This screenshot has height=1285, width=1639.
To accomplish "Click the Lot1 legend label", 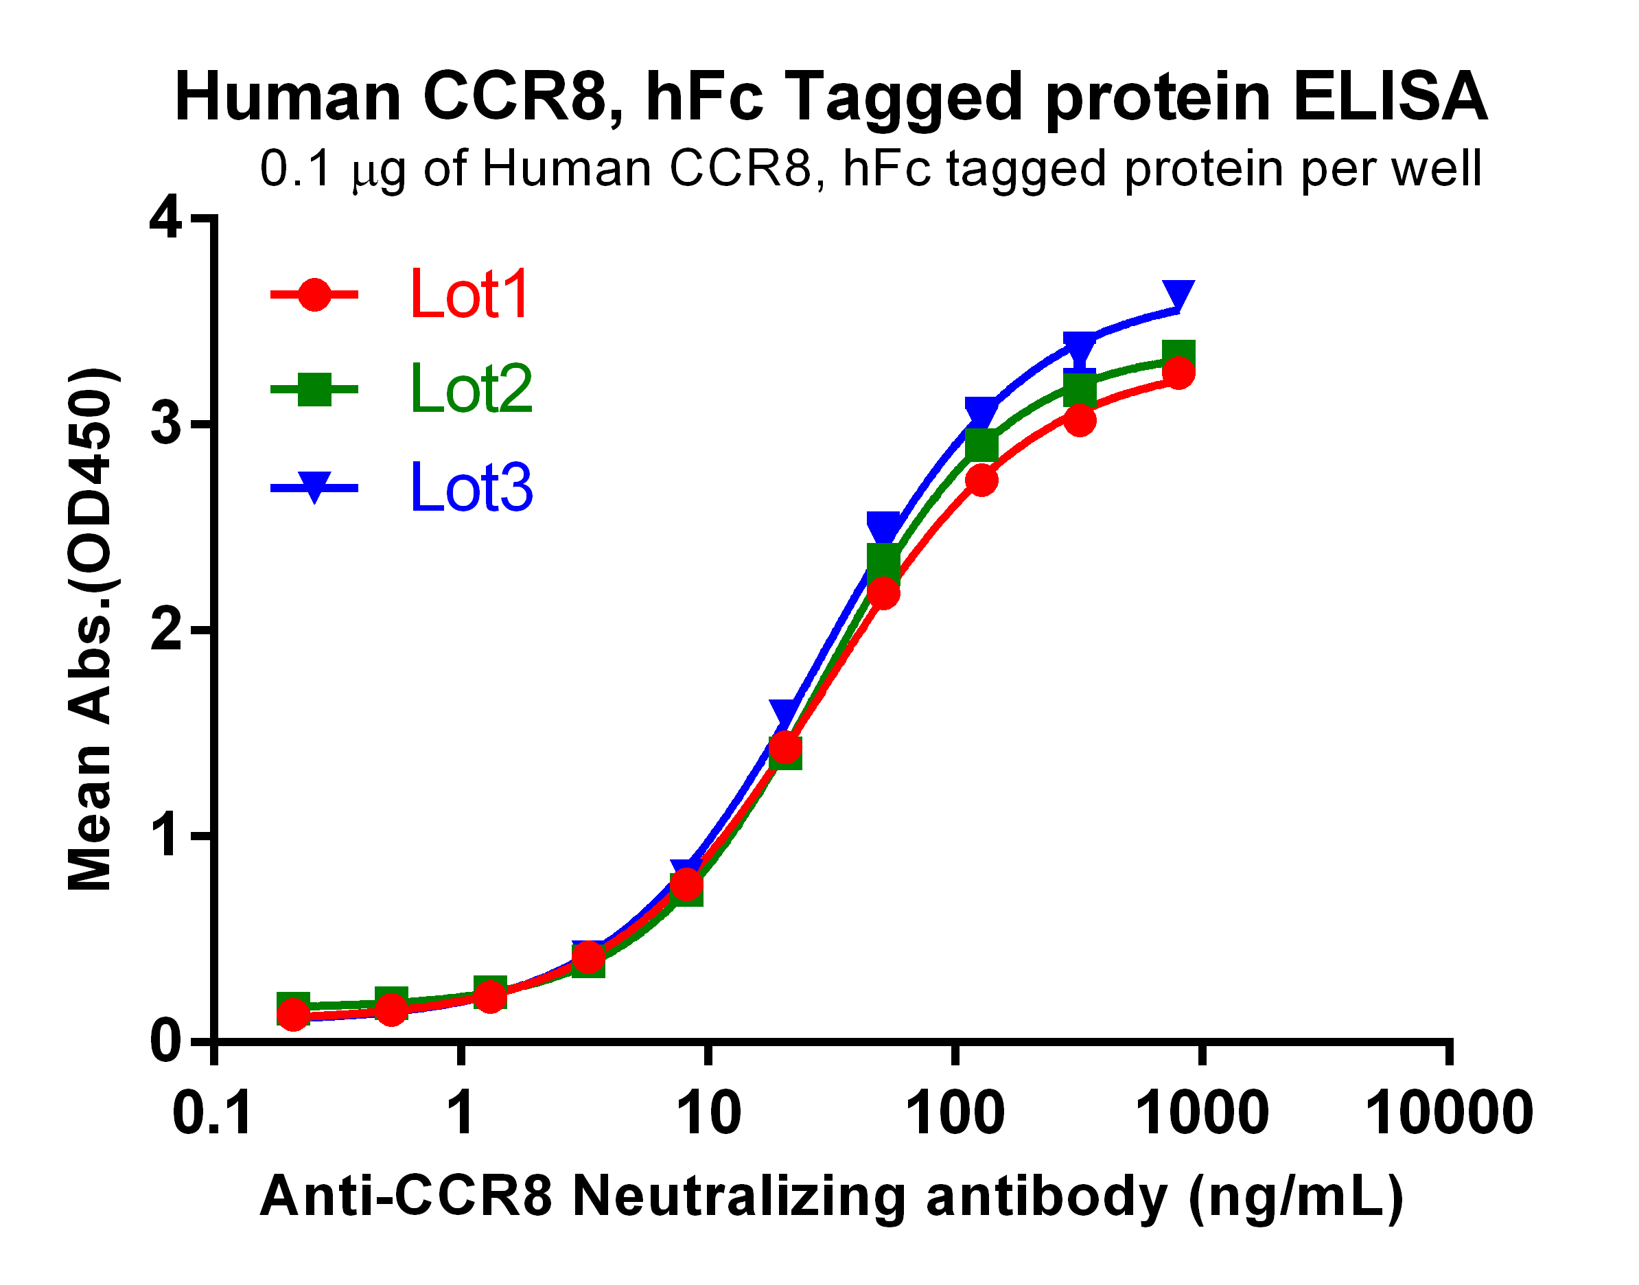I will [469, 295].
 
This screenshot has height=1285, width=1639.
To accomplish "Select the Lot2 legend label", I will [471, 390].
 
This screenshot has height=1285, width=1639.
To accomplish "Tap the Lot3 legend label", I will [471, 488].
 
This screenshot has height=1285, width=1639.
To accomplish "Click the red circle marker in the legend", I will [314, 295].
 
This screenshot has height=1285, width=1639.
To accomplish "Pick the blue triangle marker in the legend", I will [314, 487].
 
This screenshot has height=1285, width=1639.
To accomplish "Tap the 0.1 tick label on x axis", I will [212, 1113].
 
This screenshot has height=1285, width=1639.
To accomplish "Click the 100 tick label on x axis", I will [955, 1113].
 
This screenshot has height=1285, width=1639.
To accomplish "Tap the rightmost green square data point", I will [1178, 354].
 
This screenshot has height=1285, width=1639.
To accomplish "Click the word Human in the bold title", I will [288, 97].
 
